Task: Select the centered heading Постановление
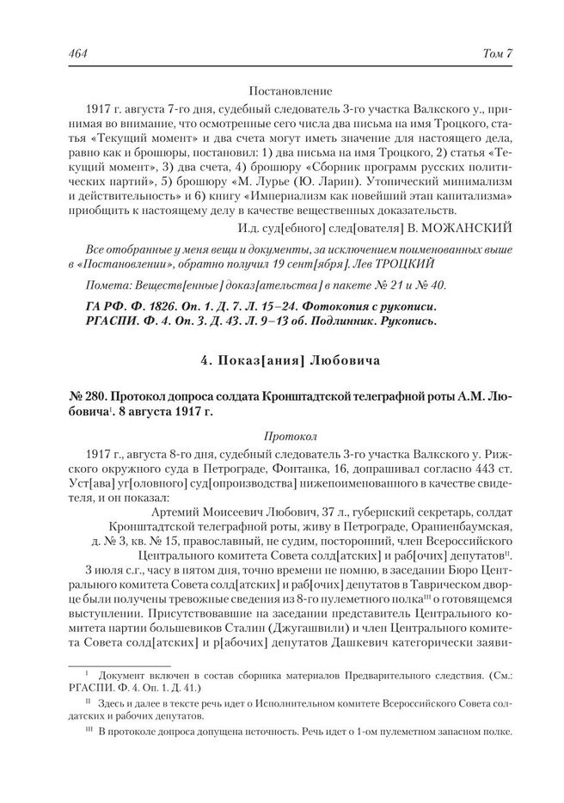coord(282,90)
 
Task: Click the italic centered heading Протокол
coord(282,436)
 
